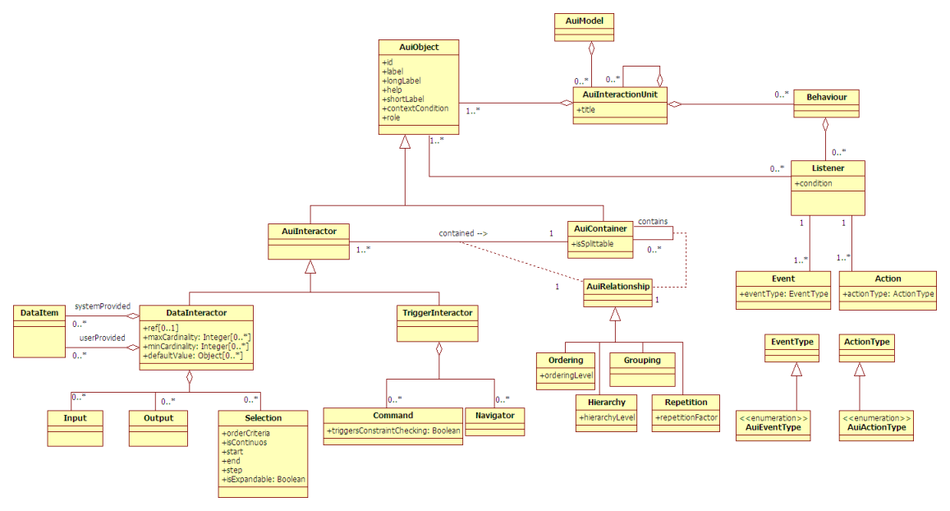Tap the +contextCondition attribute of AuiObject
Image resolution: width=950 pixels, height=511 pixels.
(415, 108)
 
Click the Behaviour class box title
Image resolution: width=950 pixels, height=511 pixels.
(827, 97)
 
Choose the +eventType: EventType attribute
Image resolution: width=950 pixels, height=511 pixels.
(783, 293)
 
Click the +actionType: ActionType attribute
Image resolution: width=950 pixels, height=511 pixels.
(888, 293)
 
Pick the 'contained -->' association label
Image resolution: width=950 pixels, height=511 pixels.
(463, 233)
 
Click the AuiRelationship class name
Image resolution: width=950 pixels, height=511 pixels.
(617, 287)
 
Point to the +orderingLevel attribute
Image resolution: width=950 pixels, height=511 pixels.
(566, 375)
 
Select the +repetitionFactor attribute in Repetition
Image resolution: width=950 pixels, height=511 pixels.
(686, 417)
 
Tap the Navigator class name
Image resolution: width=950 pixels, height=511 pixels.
(494, 415)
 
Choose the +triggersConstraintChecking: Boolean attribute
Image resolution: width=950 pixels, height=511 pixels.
(393, 430)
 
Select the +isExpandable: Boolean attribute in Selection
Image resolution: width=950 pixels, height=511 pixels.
(263, 479)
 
